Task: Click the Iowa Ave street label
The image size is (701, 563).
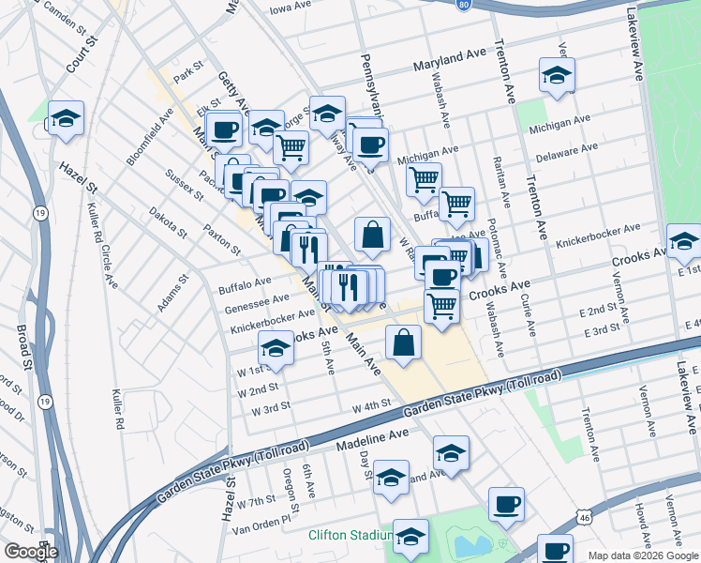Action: [x=290, y=6]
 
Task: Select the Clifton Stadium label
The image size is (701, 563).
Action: [x=349, y=536]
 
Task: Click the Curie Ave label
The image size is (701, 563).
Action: [x=528, y=314]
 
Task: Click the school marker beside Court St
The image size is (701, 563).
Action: [x=66, y=119]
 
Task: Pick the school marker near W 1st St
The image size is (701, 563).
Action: [x=276, y=348]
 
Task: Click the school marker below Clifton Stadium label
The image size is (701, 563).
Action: [x=410, y=536]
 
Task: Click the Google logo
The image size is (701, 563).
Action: [x=31, y=552]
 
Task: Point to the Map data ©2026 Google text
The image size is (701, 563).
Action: [x=642, y=555]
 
